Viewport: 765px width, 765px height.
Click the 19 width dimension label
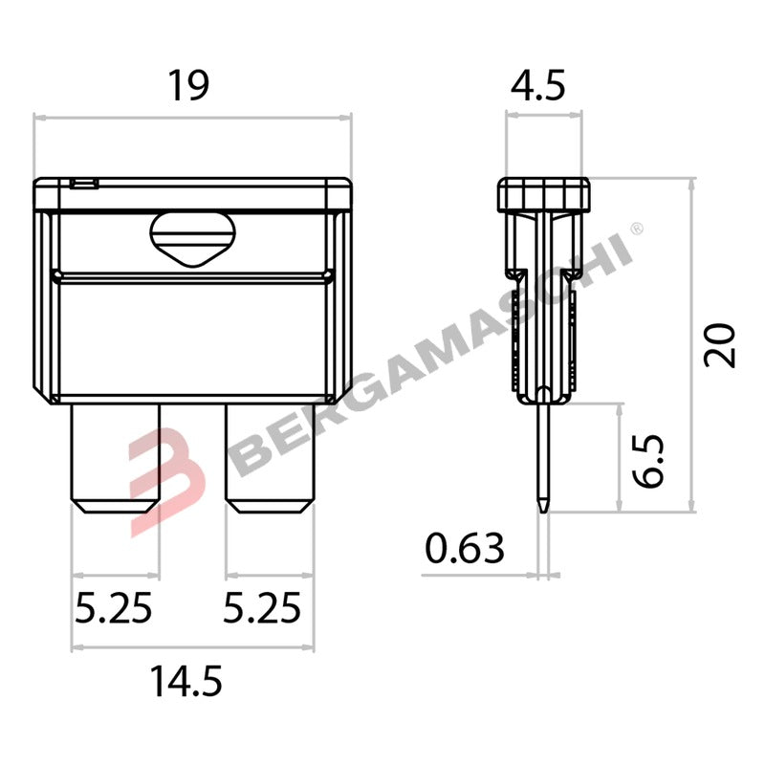pyautogui.click(x=188, y=86)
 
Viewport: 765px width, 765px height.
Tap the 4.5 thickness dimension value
pyautogui.click(x=538, y=86)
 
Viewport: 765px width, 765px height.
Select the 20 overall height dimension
pyautogui.click(x=719, y=345)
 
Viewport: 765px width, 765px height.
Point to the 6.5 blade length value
pyautogui.click(x=648, y=461)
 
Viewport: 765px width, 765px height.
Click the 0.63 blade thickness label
pyautogui.click(x=465, y=548)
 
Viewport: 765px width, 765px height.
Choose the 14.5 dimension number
pyautogui.click(x=186, y=682)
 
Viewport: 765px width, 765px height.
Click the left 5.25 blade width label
pyautogui.click(x=114, y=608)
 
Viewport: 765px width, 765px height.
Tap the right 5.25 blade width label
pyautogui.click(x=262, y=608)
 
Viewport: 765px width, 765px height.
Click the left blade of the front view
pyautogui.click(x=116, y=458)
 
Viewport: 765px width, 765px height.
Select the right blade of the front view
pyautogui.click(x=270, y=458)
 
